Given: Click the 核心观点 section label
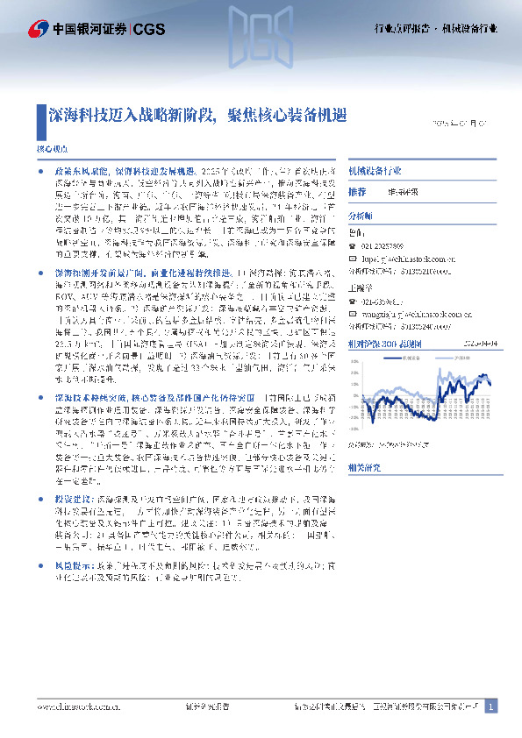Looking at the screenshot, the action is pyautogui.click(x=49, y=150).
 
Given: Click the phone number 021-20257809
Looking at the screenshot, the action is pyautogui.click(x=385, y=247).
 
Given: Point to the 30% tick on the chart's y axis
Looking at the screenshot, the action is pyautogui.click(x=354, y=361).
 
